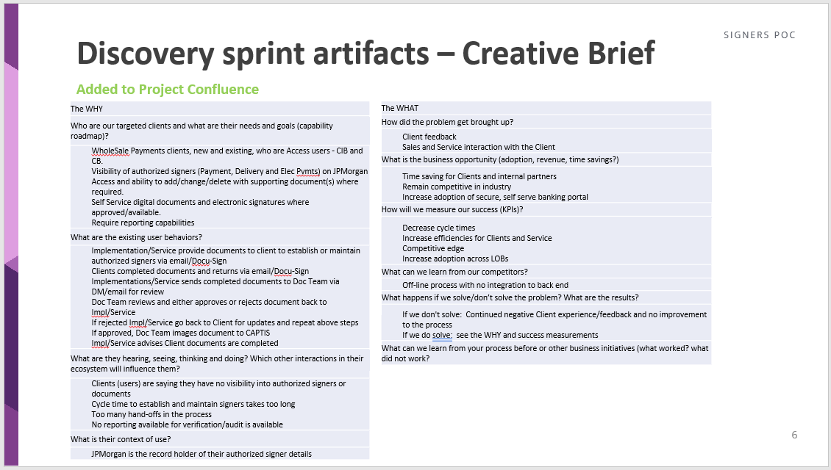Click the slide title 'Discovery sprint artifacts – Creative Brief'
[365, 54]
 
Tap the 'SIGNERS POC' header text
[759, 35]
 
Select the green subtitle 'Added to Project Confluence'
[168, 90]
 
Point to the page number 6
[794, 435]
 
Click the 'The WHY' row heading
[87, 109]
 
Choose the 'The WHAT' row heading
[400, 109]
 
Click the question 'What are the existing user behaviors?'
[136, 237]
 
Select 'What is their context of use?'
[121, 439]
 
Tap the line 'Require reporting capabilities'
[143, 223]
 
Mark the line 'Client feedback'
[429, 137]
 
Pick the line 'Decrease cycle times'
[439, 228]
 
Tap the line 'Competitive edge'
[433, 248]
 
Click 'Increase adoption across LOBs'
[455, 258]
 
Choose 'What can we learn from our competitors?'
[454, 272]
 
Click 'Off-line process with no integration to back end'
[485, 285]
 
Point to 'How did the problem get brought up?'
[447, 122]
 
